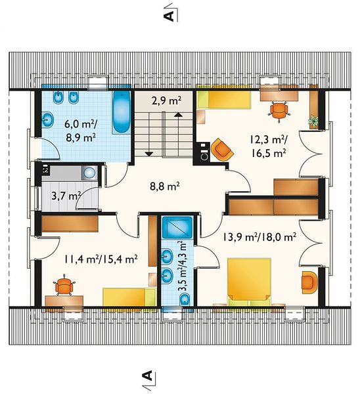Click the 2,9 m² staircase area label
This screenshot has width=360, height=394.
tap(166, 100)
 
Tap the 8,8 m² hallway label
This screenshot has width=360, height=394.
tap(165, 186)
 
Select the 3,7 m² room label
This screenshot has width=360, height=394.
tap(66, 196)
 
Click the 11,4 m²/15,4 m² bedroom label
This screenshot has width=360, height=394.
tap(101, 259)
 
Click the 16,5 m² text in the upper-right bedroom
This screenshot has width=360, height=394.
tap(269, 153)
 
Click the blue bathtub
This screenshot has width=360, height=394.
tap(122, 112)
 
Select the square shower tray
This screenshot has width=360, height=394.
tap(177, 227)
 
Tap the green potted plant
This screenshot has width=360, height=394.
tap(313, 121)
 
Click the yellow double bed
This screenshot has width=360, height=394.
tap(249, 281)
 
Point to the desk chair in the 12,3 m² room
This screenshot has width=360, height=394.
tap(279, 110)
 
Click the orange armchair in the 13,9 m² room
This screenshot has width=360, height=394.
tap(309, 282)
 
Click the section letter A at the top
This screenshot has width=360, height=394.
tap(169, 16)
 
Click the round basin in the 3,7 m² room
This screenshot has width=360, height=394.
tap(90, 173)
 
